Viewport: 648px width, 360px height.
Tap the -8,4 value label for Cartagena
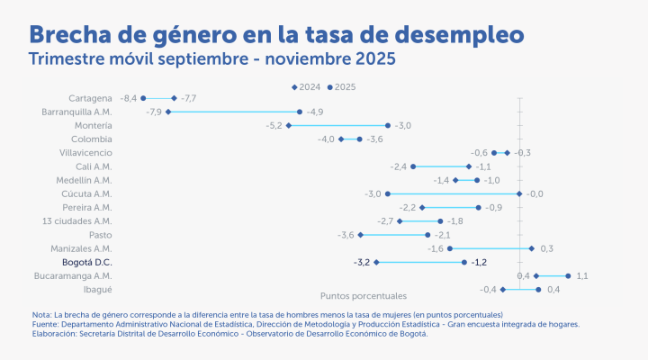129,97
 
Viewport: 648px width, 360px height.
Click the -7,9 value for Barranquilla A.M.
154,112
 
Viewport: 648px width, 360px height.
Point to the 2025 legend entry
342,86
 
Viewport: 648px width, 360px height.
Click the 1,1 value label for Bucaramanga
582,275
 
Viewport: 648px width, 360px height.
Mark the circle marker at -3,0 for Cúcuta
388,193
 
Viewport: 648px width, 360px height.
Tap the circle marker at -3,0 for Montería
388,125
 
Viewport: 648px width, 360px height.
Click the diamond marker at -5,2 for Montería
288,125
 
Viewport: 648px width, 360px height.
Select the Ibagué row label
98,289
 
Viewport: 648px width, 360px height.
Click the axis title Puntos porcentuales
364,295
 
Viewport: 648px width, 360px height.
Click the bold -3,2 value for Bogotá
363,262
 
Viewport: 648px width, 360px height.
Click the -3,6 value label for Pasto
346,235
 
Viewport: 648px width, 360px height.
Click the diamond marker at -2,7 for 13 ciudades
400,220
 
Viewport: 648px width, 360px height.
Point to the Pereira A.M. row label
88,207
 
